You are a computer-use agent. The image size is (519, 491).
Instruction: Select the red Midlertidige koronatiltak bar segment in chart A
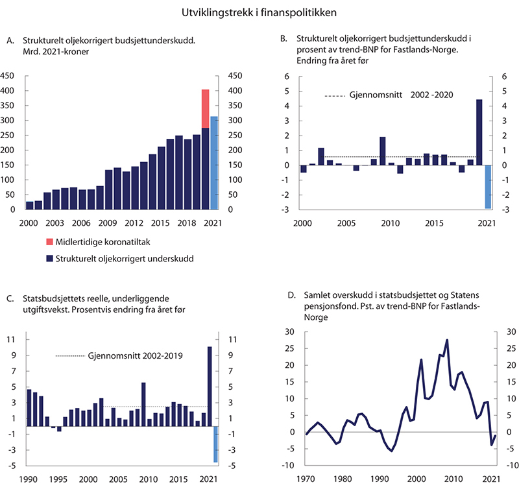click(x=206, y=108)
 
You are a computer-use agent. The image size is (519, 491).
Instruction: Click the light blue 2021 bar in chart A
click(x=214, y=163)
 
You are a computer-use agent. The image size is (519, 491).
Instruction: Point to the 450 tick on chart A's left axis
click(x=8, y=75)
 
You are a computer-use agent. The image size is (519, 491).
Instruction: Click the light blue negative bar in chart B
click(x=487, y=187)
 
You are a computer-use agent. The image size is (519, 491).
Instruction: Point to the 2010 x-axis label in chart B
click(x=390, y=223)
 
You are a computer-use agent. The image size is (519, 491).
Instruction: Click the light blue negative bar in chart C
click(x=215, y=444)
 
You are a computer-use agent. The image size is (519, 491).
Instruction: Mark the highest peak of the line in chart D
click(x=447, y=340)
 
